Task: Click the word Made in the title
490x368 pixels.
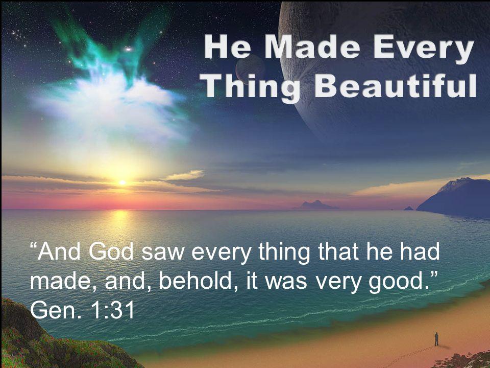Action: tap(316, 47)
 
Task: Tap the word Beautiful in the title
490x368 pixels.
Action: tap(395, 86)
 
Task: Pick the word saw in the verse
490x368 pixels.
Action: tap(162, 254)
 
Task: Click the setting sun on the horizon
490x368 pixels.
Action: tap(122, 182)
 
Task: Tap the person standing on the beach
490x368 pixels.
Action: tap(436, 339)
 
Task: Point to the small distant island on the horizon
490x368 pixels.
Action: tap(315, 205)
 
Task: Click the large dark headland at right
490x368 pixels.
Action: tap(455, 197)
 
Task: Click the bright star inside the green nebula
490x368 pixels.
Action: tap(128, 49)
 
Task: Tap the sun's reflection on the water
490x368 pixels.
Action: tap(120, 219)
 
